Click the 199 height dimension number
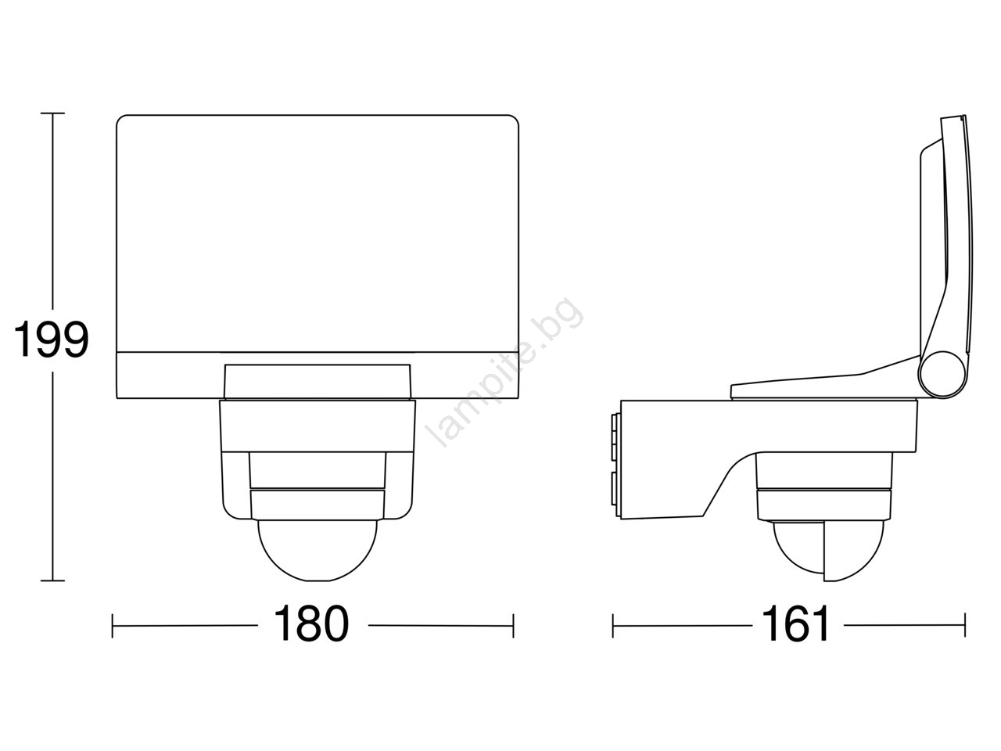[51, 340]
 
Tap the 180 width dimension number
[311, 623]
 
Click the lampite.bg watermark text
[504, 372]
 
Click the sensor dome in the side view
[828, 551]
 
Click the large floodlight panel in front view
[318, 233]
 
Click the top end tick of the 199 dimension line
[52, 113]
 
